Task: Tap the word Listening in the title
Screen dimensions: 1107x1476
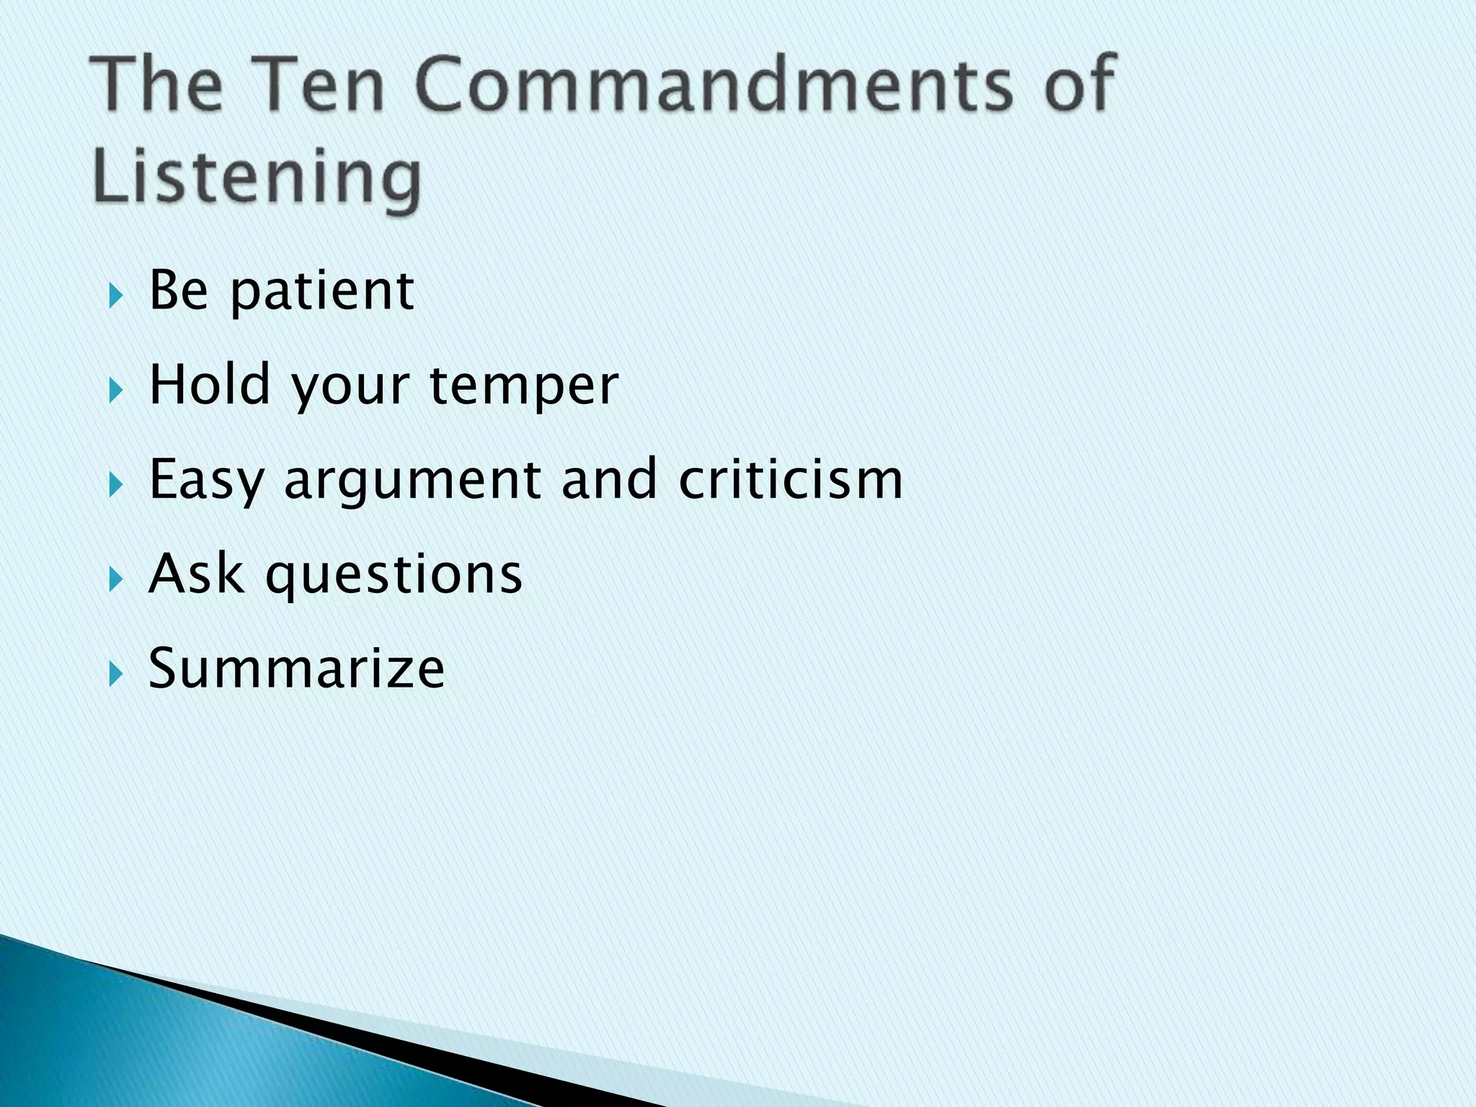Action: (257, 177)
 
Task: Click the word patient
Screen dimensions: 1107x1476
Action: (321, 292)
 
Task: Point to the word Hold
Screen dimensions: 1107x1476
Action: (209, 385)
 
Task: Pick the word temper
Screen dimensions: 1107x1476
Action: (524, 388)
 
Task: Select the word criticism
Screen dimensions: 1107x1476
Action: (791, 479)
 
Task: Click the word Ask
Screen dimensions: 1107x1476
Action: (196, 574)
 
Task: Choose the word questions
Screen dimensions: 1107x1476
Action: (394, 577)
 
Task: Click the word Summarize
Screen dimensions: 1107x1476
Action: (296, 668)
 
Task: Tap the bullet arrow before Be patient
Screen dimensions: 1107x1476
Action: (115, 296)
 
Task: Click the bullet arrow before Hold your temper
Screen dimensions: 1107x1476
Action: (115, 391)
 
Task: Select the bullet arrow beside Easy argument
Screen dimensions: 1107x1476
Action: (115, 485)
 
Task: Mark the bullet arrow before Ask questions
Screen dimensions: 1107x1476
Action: (115, 579)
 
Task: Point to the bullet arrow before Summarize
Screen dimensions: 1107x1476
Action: (115, 674)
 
